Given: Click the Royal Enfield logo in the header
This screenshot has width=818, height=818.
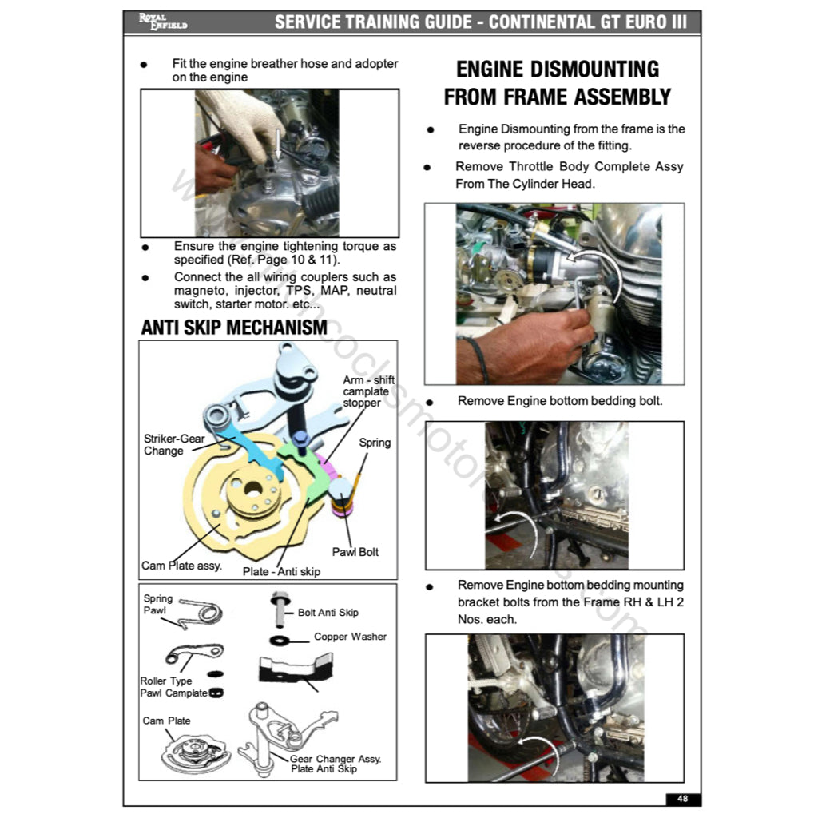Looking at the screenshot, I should (x=162, y=22).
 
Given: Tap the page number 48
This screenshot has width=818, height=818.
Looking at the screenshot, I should (x=681, y=798).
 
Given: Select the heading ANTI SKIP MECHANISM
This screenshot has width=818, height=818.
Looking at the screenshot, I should (x=234, y=328).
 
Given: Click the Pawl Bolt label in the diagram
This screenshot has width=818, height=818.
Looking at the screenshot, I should (x=355, y=552).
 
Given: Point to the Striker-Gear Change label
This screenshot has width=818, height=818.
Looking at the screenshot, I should (x=174, y=445).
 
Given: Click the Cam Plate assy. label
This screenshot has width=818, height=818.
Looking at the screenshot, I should (x=181, y=566).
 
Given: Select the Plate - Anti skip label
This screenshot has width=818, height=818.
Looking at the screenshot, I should (x=281, y=571).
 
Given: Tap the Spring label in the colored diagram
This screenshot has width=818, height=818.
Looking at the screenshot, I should (x=375, y=443).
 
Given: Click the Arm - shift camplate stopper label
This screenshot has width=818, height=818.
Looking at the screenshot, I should (x=368, y=391).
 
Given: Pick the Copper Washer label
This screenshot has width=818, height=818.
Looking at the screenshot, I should (x=350, y=637).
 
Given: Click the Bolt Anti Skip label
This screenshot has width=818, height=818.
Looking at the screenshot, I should (x=328, y=613).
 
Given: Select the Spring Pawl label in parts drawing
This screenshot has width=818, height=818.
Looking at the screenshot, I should (x=158, y=604).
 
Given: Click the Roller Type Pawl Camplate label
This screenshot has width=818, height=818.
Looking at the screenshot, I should (x=173, y=687).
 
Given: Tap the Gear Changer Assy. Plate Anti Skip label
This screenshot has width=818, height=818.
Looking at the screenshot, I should (x=335, y=764).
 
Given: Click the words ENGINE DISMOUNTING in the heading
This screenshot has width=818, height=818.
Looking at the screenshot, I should (x=557, y=69).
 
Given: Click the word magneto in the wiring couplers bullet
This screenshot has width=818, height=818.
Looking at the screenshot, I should (x=201, y=291).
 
